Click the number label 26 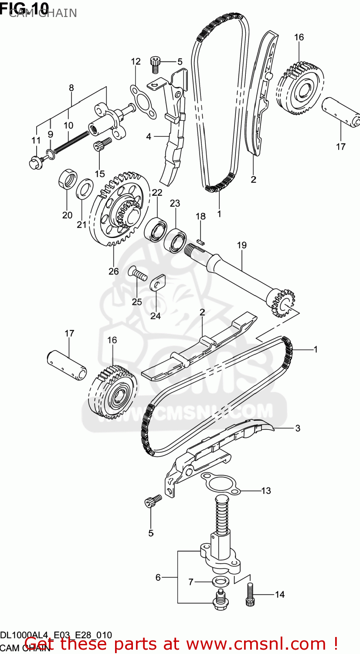tap(113, 271)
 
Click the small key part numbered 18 tap(200, 239)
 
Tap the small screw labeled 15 tap(100, 144)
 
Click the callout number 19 tap(242, 245)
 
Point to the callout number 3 tap(298, 428)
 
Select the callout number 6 tap(158, 578)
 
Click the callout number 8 tap(71, 88)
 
